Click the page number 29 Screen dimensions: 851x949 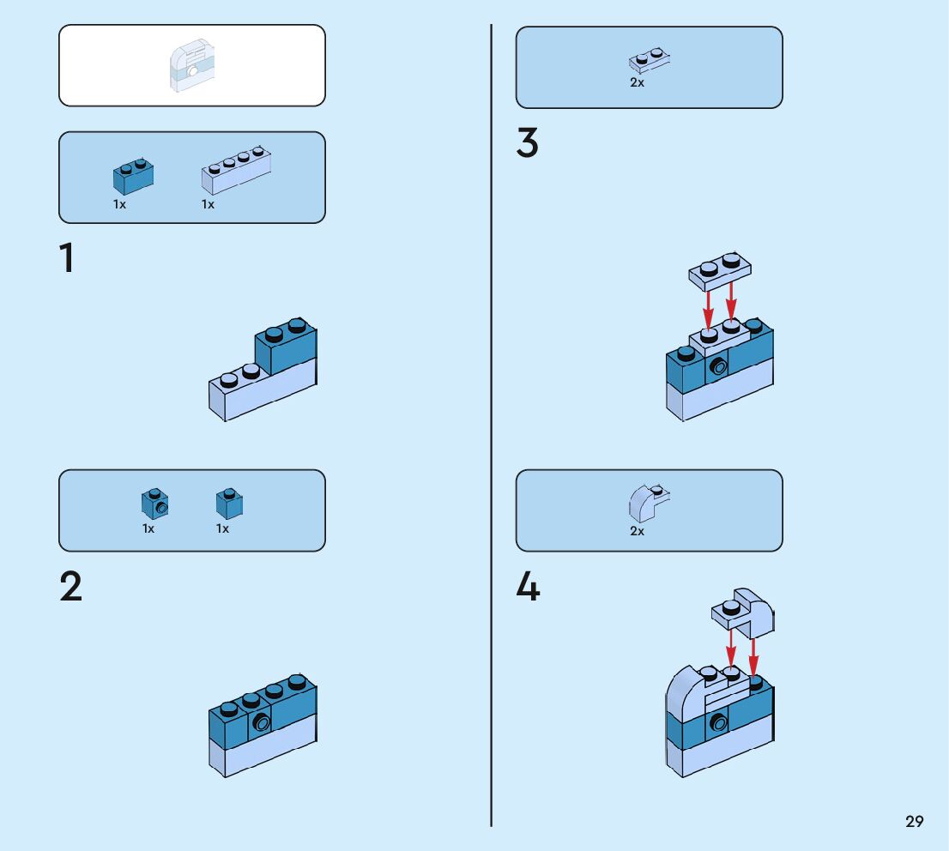click(x=914, y=822)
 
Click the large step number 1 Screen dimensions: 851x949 click(x=67, y=259)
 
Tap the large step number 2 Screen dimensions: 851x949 click(x=71, y=587)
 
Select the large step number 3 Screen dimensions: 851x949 click(x=528, y=143)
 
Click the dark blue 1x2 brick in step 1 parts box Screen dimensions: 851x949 click(x=133, y=176)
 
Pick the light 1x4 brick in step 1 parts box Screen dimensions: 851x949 click(x=236, y=170)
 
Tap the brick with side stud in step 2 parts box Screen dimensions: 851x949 click(x=154, y=503)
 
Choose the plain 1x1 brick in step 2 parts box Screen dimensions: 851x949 click(x=229, y=504)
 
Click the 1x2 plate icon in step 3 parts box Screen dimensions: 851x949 click(x=650, y=61)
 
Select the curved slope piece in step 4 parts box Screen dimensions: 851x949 click(x=648, y=504)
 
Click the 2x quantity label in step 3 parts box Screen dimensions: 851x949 click(x=637, y=83)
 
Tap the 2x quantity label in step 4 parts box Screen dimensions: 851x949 click(x=637, y=531)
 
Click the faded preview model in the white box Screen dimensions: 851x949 click(x=191, y=65)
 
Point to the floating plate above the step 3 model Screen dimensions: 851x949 click(x=721, y=270)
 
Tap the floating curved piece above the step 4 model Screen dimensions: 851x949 click(x=743, y=610)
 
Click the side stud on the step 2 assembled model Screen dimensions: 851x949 click(x=262, y=722)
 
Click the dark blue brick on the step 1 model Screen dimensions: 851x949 click(x=286, y=345)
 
